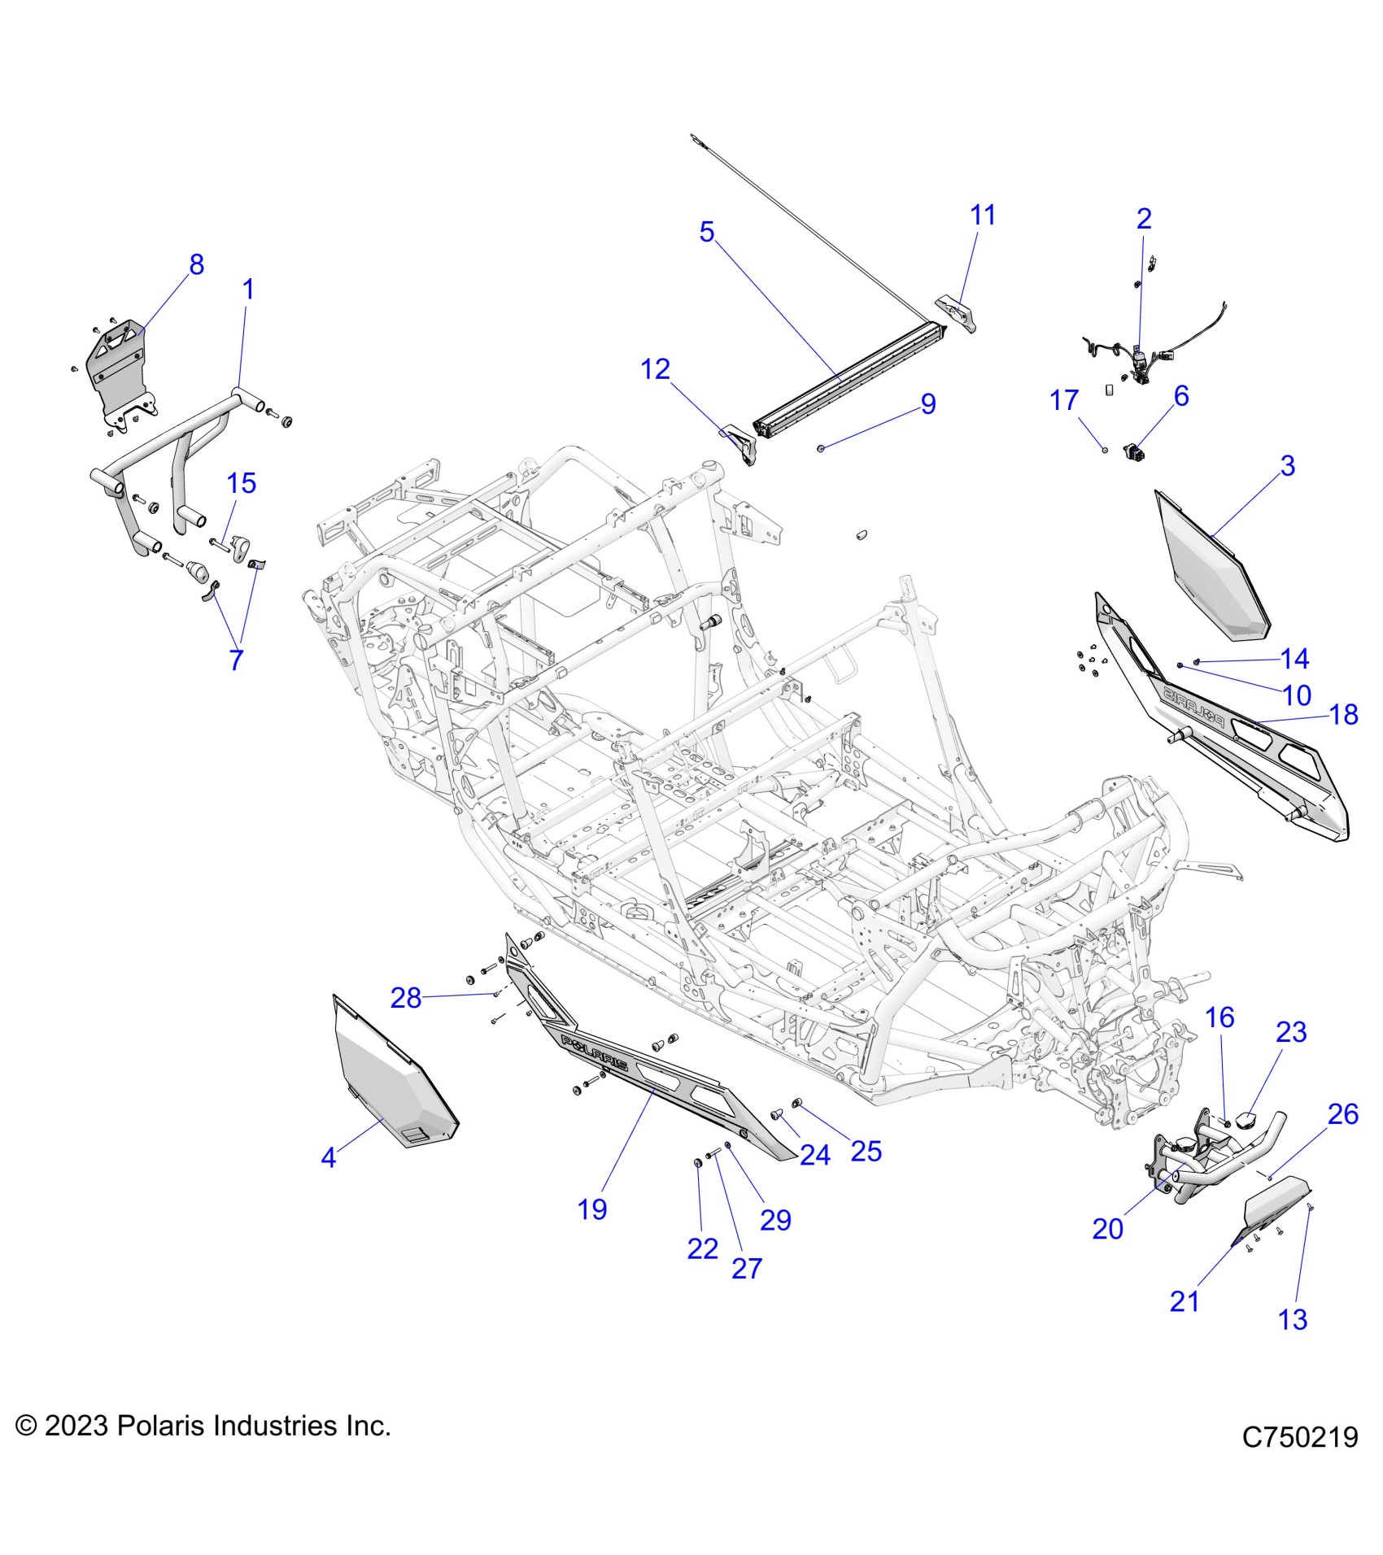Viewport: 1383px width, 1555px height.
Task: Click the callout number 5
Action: tap(706, 232)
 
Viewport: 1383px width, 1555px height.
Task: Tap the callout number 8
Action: tap(196, 264)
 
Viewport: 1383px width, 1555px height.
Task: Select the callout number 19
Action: tap(592, 1209)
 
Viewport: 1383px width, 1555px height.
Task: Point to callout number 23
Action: tap(1291, 1032)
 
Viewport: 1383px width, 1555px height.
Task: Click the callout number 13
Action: tap(1293, 1319)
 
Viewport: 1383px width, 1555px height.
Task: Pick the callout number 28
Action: tap(406, 997)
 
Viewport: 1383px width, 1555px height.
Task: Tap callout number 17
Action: tap(1064, 400)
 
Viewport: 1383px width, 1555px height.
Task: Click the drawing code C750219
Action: tap(1299, 1460)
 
